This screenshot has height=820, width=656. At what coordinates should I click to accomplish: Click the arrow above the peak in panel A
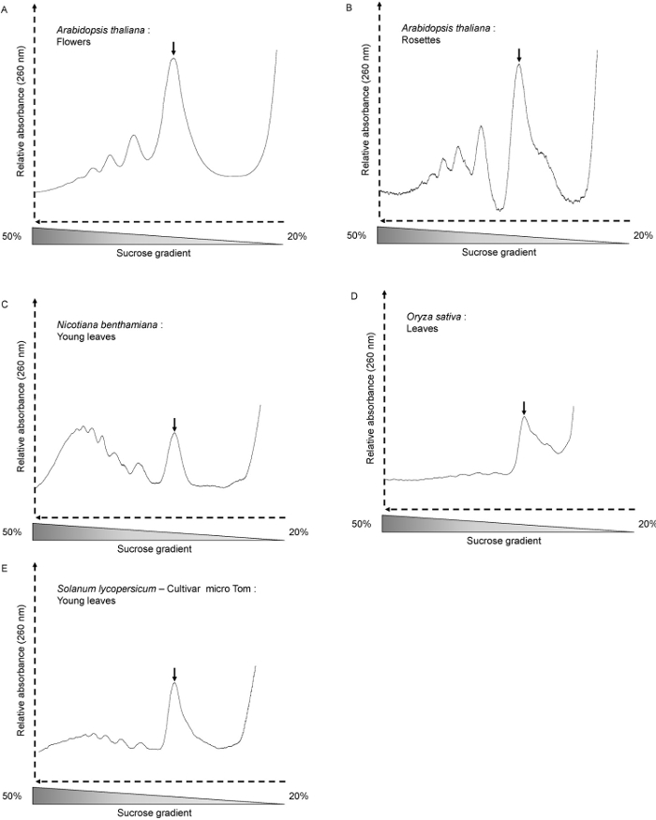pos(173,49)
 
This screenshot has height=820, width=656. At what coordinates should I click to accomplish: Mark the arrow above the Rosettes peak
pos(519,55)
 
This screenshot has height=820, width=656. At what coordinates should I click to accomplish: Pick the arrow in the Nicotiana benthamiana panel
pos(174,424)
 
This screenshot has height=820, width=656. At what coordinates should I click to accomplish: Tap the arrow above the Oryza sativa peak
pos(524,408)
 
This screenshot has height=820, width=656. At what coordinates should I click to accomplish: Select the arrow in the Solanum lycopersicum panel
pos(175,674)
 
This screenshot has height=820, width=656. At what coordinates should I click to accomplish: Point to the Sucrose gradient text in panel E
pos(157,813)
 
